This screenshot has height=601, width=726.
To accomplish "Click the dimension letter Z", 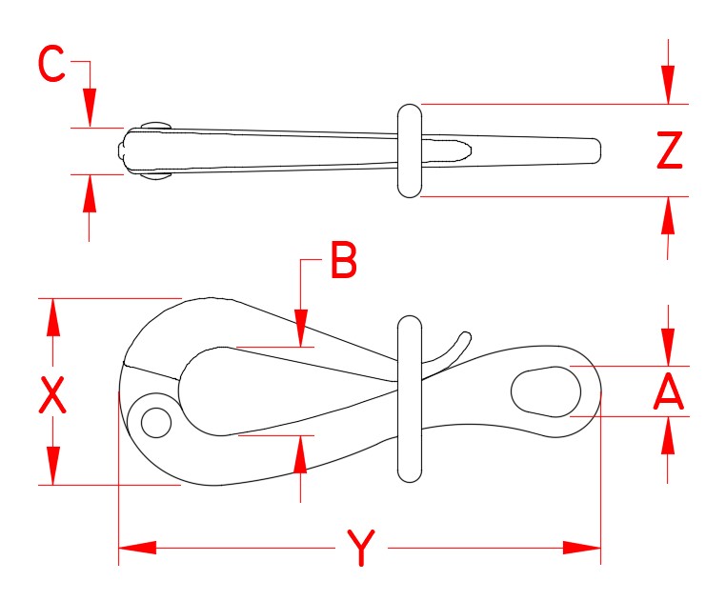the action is click(x=670, y=150).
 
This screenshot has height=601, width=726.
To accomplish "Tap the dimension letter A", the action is click(x=669, y=392).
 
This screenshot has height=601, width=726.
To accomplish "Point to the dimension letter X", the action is click(x=52, y=394).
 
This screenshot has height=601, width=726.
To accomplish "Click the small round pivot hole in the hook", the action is click(x=155, y=419).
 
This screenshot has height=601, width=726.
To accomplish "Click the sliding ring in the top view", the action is click(x=409, y=150).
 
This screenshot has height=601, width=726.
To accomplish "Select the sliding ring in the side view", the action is click(x=409, y=398).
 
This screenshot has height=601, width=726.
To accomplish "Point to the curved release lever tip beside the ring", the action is click(x=466, y=336).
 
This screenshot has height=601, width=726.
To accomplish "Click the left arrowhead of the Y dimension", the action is click(x=136, y=548).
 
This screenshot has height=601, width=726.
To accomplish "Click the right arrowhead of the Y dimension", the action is click(x=582, y=548).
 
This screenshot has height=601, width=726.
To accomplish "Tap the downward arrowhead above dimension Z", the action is click(x=669, y=85).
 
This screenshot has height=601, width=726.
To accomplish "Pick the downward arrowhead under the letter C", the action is click(x=90, y=107).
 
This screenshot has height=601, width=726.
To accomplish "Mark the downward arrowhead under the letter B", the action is click(x=301, y=328).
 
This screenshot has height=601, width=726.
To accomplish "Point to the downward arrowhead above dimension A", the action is click(x=669, y=347).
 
